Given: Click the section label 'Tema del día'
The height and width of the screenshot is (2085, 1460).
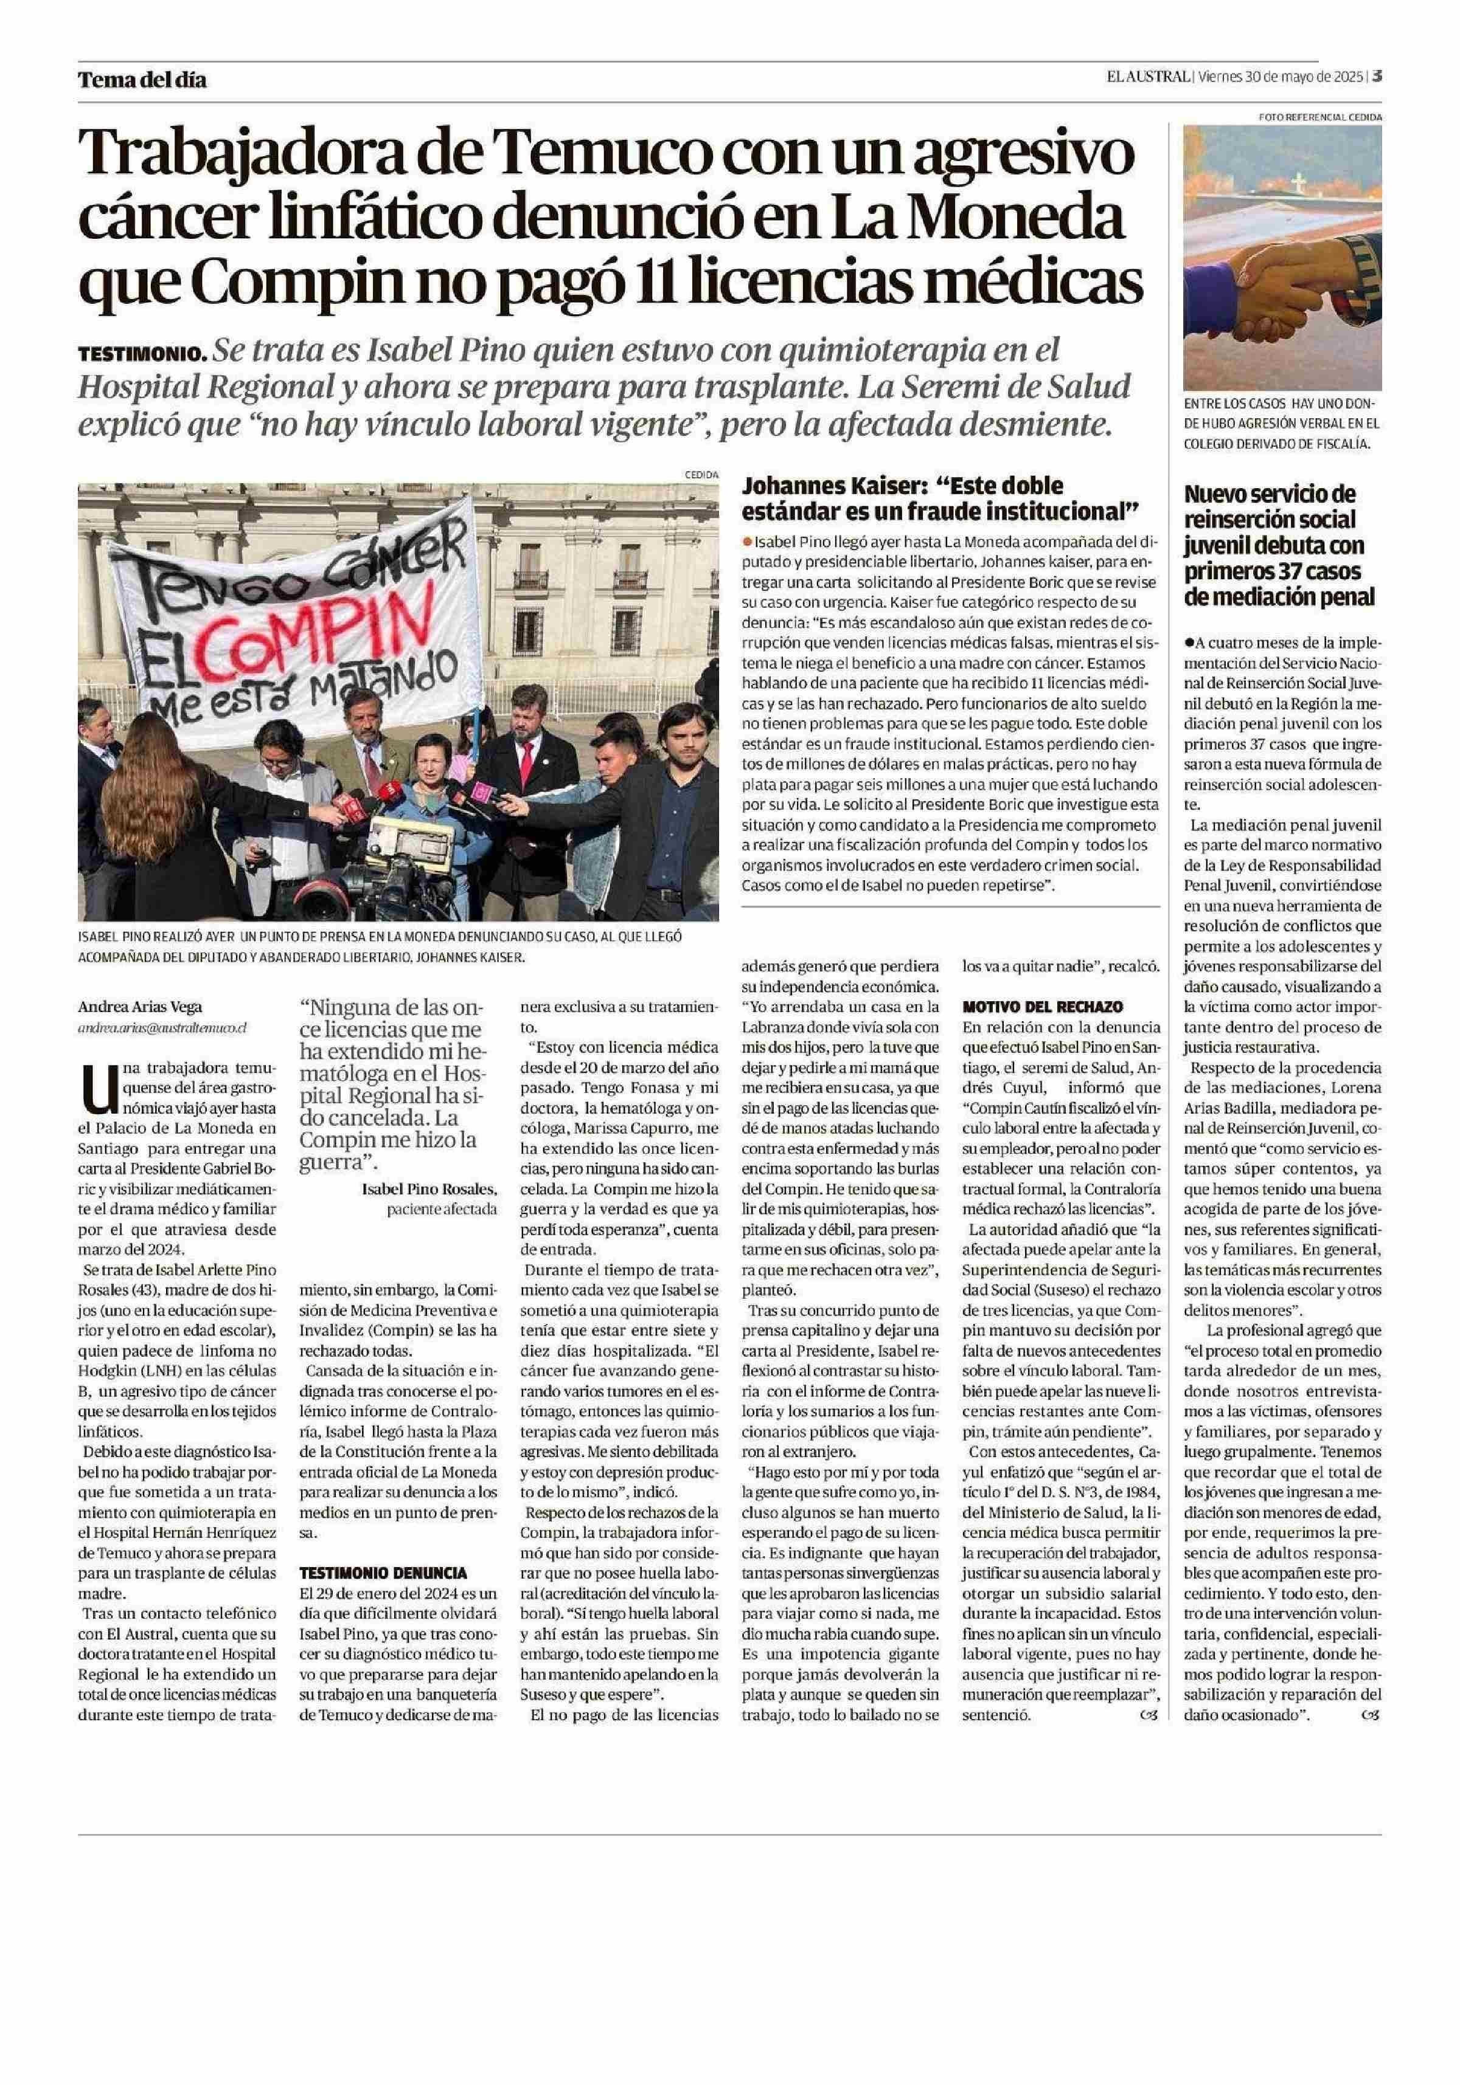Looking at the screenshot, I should coord(142,80).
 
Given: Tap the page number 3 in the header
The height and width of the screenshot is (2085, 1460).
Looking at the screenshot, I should coord(1377,77).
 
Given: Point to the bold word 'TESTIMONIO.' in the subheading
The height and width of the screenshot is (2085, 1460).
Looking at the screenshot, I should coord(142,353).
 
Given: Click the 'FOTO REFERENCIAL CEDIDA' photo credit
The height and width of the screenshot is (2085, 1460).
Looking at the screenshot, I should coord(1319,117).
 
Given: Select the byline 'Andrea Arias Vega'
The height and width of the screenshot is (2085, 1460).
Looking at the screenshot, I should coord(139,1006).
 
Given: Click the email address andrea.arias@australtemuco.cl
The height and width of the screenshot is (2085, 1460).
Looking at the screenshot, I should coord(162,1028).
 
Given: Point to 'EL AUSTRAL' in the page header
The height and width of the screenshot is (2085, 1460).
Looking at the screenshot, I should coord(1147,77).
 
